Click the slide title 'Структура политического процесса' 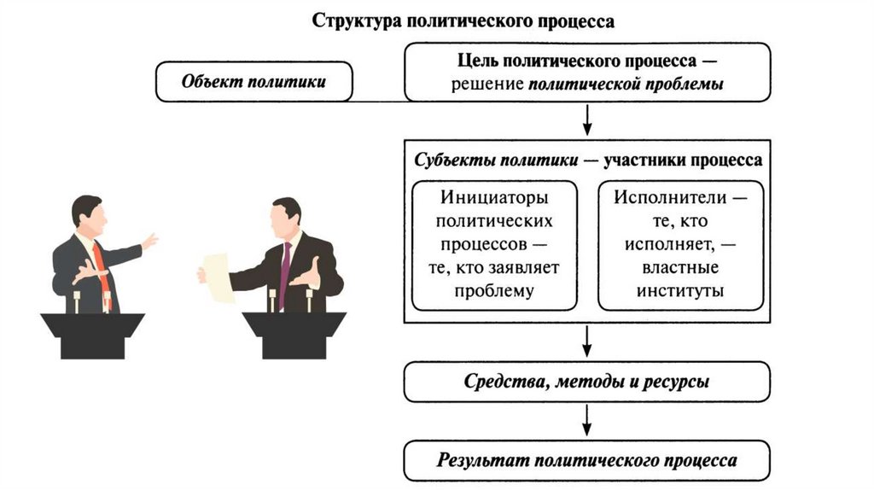(x=463, y=20)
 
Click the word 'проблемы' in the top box (x=685, y=85)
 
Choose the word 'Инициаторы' (x=494, y=197)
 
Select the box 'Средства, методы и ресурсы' (x=587, y=382)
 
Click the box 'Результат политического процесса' (x=587, y=460)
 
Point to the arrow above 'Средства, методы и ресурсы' (x=587, y=342)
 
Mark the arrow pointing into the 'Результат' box (x=587, y=421)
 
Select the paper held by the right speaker (x=218, y=277)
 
